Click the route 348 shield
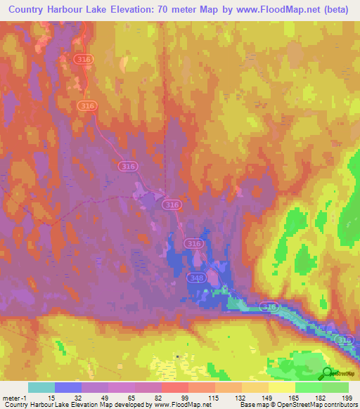196,279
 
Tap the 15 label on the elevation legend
51,398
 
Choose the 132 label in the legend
240,398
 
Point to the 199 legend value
346,398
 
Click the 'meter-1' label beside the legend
14,398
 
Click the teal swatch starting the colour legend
41,387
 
